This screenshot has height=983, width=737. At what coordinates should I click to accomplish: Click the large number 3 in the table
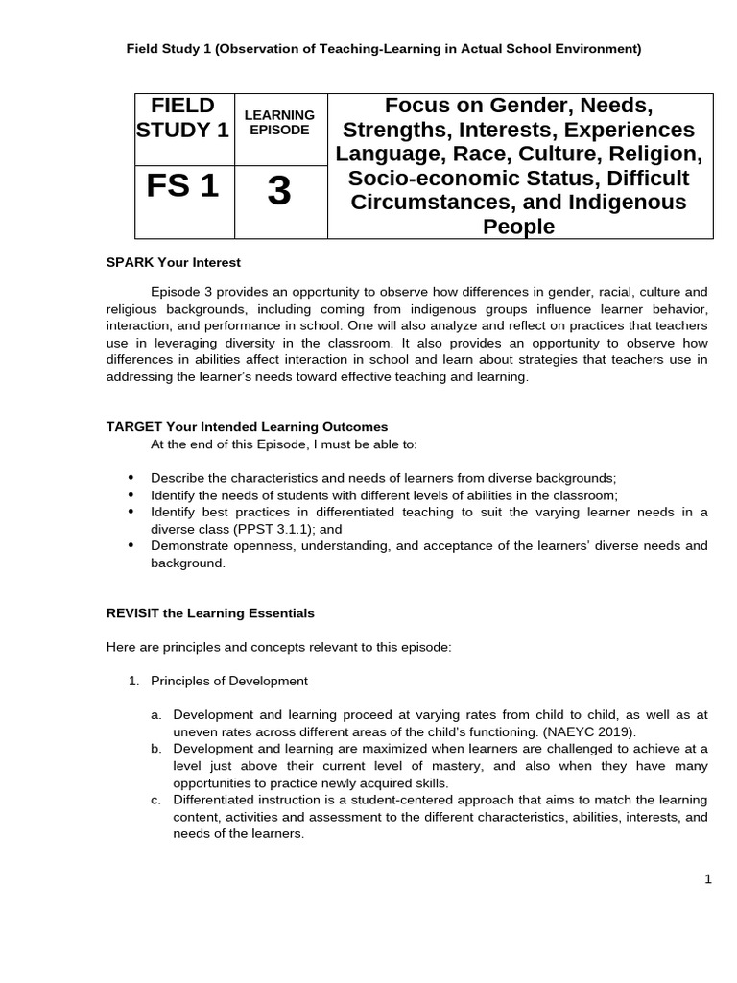point(278,193)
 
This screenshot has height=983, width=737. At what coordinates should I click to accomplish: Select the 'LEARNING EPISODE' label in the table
point(278,122)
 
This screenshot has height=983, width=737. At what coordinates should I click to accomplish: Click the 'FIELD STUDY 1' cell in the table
point(182,117)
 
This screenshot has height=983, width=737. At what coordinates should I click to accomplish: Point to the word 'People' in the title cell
point(519,227)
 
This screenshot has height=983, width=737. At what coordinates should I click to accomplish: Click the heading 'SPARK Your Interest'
point(174,262)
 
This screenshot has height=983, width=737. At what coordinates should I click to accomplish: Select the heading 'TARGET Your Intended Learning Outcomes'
point(247,426)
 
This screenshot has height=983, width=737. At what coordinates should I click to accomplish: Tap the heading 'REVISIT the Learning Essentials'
point(210,612)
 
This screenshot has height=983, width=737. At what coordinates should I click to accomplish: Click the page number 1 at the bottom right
point(708,879)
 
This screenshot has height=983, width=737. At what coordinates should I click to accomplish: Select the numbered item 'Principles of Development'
point(229,681)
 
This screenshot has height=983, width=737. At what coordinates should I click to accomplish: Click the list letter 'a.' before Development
point(156,715)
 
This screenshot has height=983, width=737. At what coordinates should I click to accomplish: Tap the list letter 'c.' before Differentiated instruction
point(156,800)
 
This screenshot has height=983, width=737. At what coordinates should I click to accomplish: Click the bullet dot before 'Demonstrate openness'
point(131,545)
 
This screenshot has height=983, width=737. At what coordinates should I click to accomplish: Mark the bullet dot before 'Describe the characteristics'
point(131,477)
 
